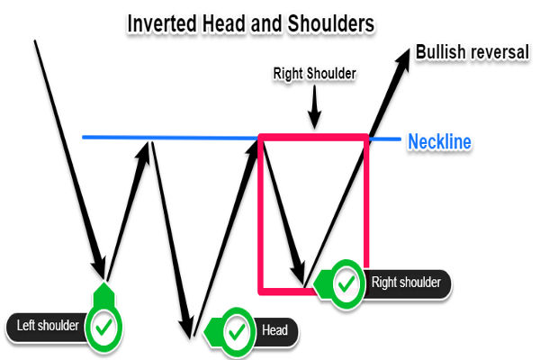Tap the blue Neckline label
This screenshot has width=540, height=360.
[439, 141]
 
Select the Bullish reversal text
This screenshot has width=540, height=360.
[472, 52]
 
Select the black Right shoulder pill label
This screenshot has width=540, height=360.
[406, 283]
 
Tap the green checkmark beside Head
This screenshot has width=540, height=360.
[237, 331]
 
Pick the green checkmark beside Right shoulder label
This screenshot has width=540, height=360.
[344, 283]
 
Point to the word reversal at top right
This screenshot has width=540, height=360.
[500, 52]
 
